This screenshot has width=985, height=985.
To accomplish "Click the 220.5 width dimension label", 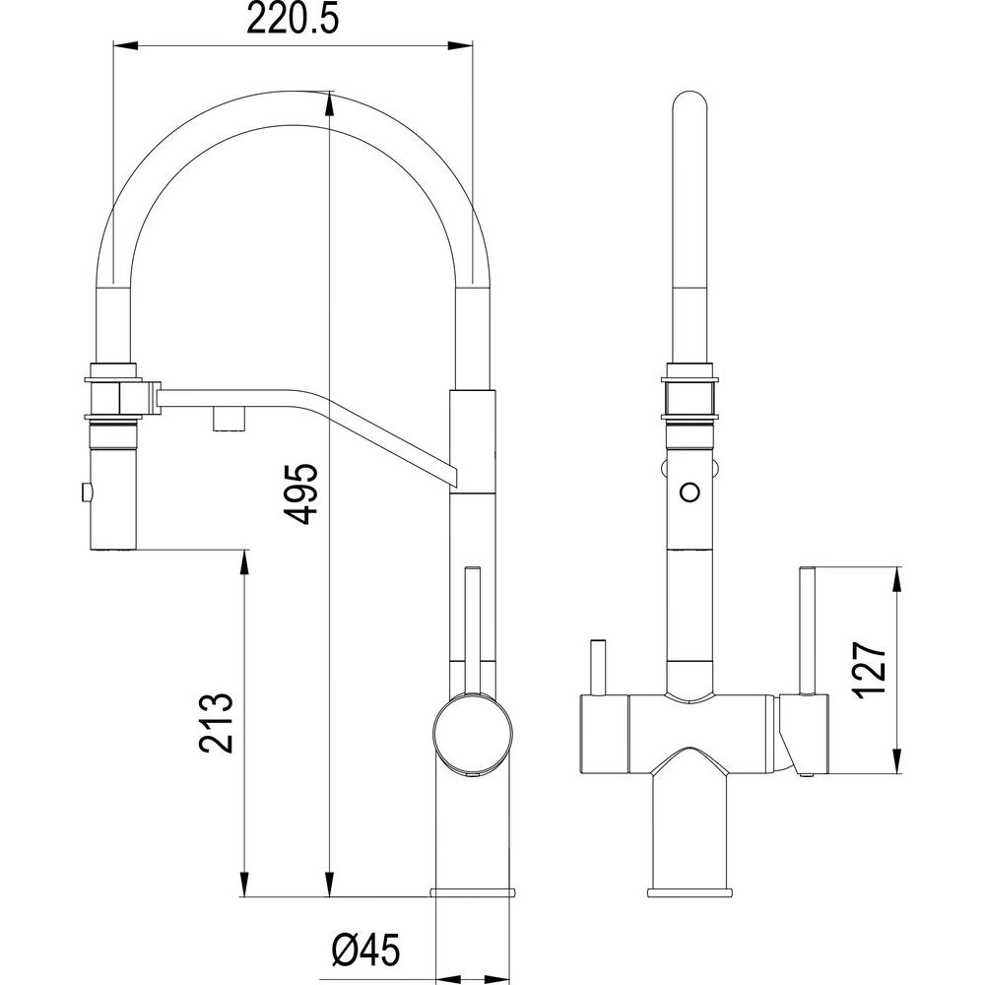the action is [x=293, y=20].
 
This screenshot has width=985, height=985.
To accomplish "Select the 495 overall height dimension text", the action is [x=300, y=493].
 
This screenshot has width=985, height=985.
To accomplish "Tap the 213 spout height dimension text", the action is [x=216, y=722].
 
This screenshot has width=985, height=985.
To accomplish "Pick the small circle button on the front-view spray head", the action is [x=690, y=491].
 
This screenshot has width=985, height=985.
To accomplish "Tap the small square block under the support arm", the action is [x=229, y=419].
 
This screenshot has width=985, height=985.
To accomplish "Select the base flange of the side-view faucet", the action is [x=473, y=891].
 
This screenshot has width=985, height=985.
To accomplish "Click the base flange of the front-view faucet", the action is [x=689, y=892].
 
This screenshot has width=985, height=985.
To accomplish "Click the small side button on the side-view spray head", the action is [x=84, y=492].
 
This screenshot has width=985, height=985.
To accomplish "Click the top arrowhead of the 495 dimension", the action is [x=328, y=103].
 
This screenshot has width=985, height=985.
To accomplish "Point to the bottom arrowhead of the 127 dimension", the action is [x=898, y=759].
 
